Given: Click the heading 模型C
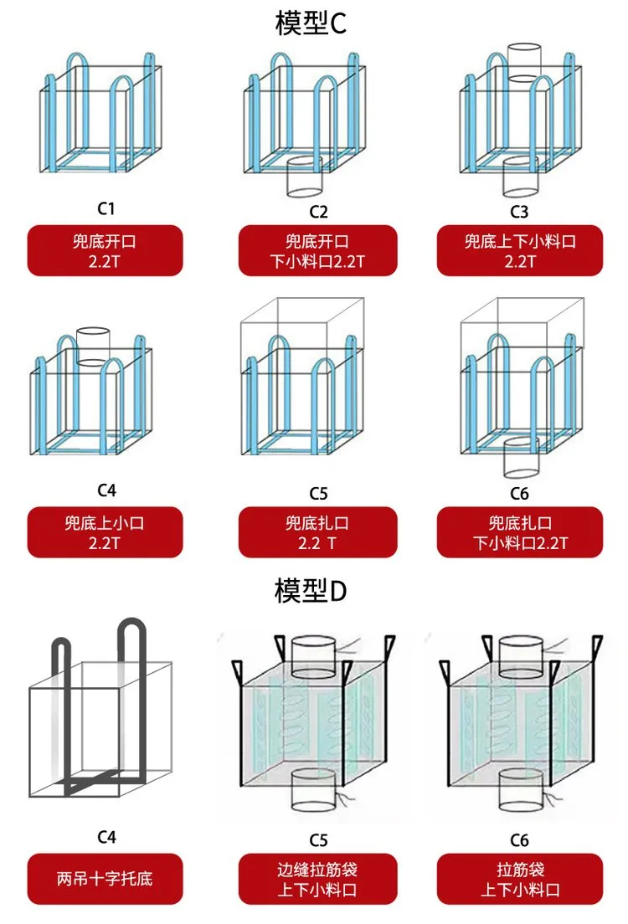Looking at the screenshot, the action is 310,23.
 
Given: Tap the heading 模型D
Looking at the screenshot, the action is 310,590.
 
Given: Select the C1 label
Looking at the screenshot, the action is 106,208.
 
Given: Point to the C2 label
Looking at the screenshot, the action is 318,212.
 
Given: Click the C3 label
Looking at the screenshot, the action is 519,212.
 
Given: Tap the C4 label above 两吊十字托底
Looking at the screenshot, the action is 106,837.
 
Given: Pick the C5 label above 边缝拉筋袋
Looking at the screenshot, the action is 318,839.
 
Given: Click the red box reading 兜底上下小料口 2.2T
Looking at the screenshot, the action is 519,250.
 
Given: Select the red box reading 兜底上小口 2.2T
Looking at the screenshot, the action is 105,532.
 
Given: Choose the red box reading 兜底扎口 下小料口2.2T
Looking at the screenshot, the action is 519,532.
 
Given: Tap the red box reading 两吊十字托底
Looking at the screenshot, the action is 105,879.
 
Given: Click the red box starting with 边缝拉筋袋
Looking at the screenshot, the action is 318,879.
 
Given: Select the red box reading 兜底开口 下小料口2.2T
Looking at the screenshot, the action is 318,250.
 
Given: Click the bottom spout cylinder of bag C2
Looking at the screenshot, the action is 304,177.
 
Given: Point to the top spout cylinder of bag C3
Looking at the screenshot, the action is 524,63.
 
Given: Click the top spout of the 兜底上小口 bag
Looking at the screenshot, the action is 93,347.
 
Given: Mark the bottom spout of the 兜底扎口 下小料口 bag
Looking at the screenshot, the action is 522,457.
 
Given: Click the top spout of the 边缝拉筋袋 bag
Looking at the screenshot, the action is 314,654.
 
